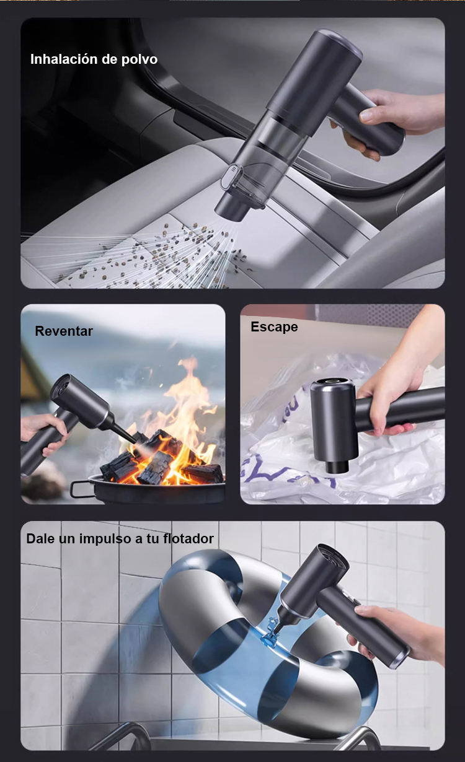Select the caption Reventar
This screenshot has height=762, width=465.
pos(64,331)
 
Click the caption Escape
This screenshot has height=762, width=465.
pos(274,327)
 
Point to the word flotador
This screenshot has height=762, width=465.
pos(188,538)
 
